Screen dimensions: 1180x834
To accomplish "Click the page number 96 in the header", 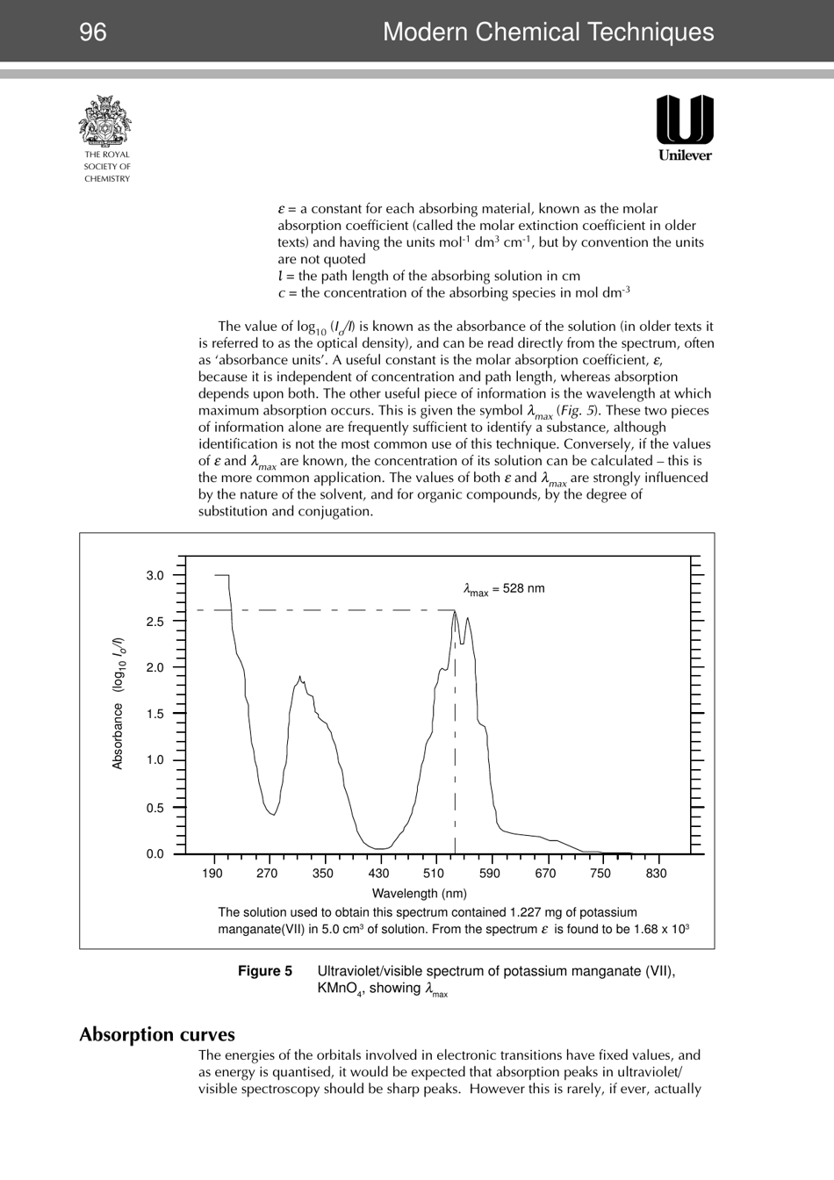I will point(92,32).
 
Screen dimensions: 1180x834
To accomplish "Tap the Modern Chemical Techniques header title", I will point(548,32).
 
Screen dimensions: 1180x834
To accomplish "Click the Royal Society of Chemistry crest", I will point(106,122).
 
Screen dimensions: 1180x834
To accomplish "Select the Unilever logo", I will point(685,127).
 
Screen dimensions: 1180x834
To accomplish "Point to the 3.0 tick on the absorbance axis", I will point(155,576).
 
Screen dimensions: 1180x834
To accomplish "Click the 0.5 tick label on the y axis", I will point(155,808).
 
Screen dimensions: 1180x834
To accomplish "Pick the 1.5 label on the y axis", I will point(155,714).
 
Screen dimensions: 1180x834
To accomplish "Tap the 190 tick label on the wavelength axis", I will point(212,874).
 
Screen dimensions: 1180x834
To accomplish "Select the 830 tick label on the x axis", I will point(656,874).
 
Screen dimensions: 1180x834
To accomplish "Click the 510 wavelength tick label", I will point(434,874).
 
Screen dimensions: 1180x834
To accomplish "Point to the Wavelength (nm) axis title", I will point(419,894).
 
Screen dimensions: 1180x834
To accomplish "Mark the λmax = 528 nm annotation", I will point(504,589).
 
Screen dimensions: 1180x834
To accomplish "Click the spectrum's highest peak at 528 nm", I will point(455,612).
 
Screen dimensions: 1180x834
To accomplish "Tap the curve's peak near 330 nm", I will point(300,677).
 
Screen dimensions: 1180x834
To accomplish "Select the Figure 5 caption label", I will point(265,971).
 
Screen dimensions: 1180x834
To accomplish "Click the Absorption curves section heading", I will point(157,1034).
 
